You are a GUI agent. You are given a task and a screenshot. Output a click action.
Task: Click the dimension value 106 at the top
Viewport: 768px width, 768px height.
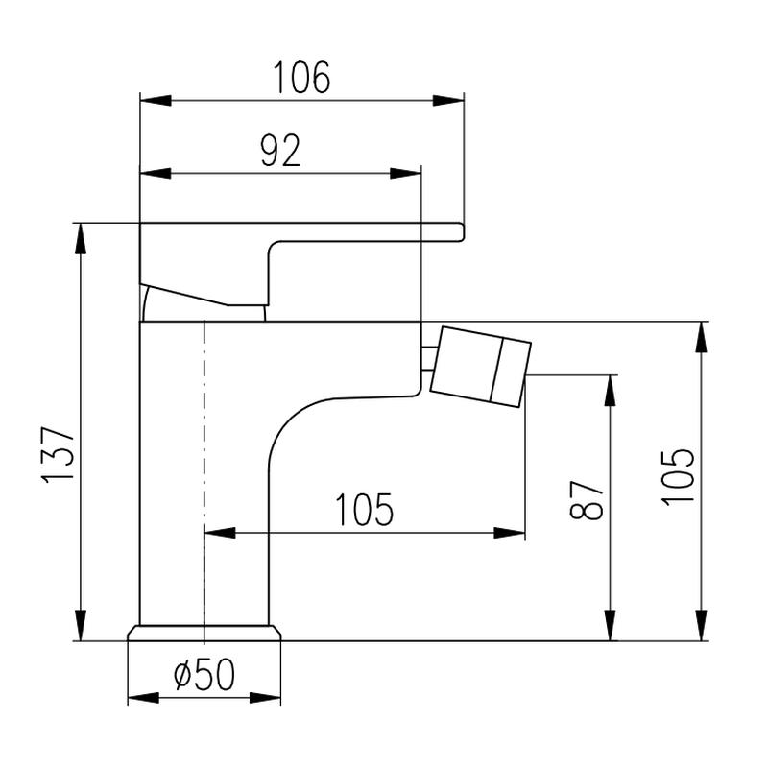click(301, 78)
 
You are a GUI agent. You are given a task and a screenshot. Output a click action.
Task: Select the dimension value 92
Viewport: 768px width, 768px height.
click(280, 151)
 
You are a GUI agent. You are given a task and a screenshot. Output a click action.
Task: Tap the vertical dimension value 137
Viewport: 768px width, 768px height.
click(59, 455)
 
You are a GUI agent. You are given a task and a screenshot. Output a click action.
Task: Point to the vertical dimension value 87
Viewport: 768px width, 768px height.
click(586, 499)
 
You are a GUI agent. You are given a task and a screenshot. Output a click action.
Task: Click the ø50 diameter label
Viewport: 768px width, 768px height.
click(204, 674)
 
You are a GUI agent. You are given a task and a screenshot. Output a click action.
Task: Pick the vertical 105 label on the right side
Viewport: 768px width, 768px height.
click(678, 477)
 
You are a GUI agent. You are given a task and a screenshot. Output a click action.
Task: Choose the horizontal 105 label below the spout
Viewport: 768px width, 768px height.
click(364, 510)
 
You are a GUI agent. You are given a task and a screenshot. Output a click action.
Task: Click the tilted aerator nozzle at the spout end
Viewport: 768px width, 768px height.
click(481, 367)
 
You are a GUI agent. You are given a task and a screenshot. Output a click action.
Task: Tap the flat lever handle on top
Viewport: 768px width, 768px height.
click(301, 265)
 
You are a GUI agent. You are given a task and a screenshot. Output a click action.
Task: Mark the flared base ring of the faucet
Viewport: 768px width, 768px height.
click(204, 633)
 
